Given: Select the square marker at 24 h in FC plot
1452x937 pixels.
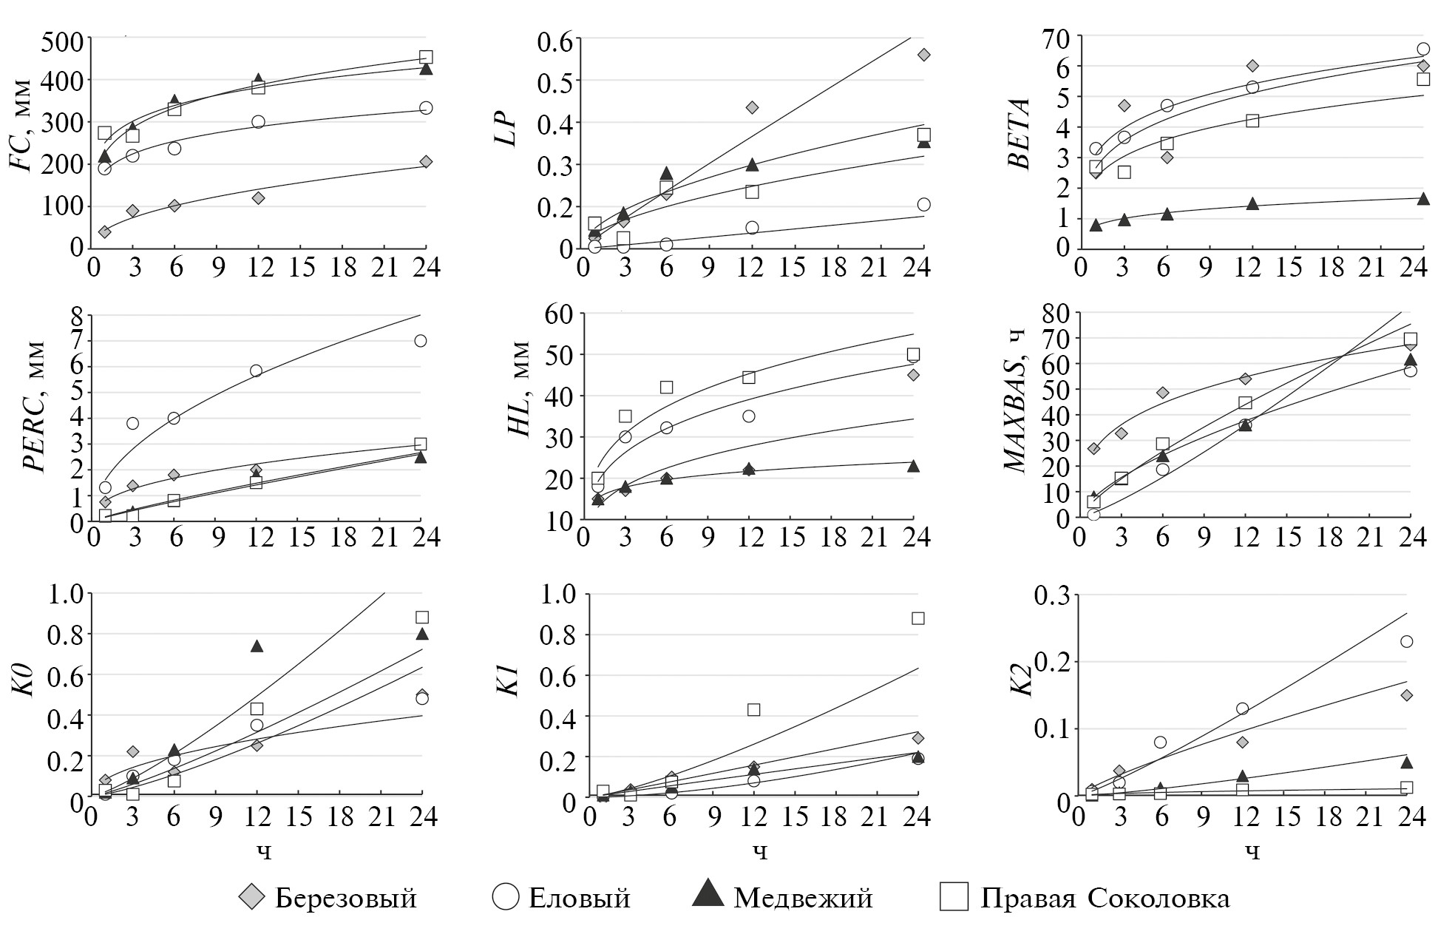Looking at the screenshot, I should pyautogui.click(x=426, y=57).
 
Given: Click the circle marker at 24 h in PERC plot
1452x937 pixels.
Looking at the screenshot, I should pyautogui.click(x=421, y=341).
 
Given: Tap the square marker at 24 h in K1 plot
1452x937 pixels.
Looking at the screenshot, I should pyautogui.click(x=918, y=618).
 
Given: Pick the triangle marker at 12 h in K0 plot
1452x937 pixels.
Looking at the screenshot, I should pyautogui.click(x=257, y=646).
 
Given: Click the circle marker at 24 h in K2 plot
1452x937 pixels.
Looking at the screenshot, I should pyautogui.click(x=1407, y=641).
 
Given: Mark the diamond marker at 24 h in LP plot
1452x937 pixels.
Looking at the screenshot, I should pyautogui.click(x=923, y=55).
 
